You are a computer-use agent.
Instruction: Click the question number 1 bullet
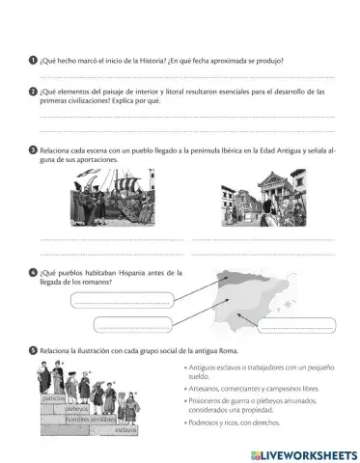[34, 60]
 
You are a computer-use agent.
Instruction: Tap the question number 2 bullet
[34, 91]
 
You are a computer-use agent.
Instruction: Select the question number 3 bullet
[34, 150]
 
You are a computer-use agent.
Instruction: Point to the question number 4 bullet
[34, 272]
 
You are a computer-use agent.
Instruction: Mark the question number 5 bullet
[34, 349]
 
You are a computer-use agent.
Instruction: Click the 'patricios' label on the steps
[53, 397]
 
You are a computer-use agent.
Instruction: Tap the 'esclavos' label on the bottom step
[125, 429]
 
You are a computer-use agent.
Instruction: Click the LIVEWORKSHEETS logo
[303, 453]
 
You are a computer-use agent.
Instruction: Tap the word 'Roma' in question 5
[226, 349]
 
